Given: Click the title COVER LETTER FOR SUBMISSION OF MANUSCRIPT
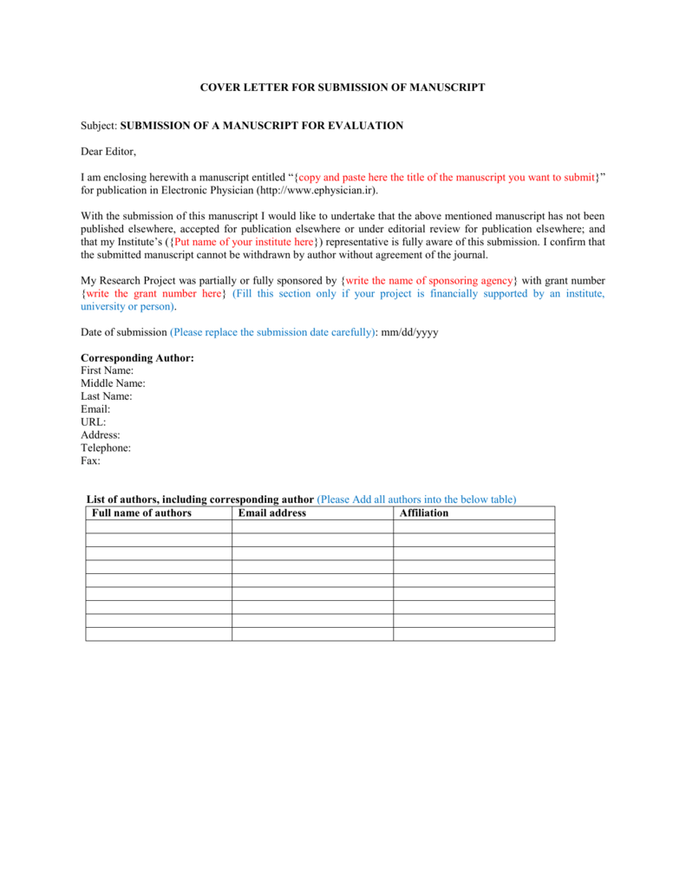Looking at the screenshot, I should click(x=343, y=88).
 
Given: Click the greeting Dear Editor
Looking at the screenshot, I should click(x=108, y=152).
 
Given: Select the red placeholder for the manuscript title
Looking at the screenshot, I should click(x=447, y=177).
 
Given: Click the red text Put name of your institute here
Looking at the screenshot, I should click(x=245, y=242).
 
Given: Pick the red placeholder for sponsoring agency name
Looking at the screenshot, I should click(x=430, y=281).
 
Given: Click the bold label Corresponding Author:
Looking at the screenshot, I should click(x=137, y=357).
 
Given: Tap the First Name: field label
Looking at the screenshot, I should click(x=107, y=370).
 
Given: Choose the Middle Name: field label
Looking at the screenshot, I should click(x=113, y=383).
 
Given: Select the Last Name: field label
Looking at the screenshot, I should click(x=107, y=396).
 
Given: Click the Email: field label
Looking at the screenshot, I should click(x=95, y=409).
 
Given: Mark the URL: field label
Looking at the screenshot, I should click(x=94, y=422).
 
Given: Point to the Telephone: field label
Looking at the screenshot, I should click(x=106, y=448).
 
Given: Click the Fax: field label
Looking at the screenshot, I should click(x=90, y=461).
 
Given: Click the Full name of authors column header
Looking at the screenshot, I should click(x=141, y=513).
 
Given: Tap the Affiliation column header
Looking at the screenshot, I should click(x=424, y=513).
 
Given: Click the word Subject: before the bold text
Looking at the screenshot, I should click(x=99, y=126).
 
